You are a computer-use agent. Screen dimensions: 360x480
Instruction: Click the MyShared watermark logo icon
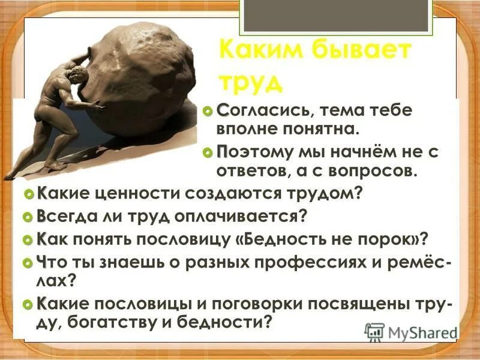[x=374, y=332]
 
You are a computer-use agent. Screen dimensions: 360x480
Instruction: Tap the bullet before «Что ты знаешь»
[x=26, y=263]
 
